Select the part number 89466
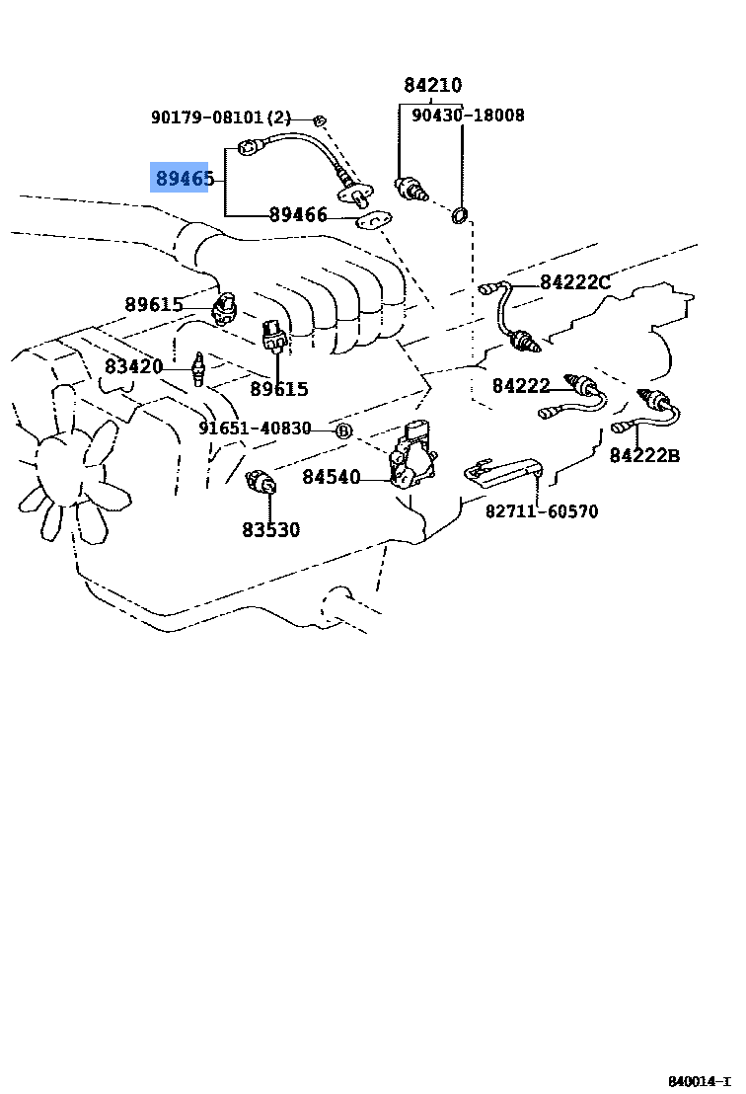pyautogui.click(x=298, y=214)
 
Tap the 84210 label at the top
pyautogui.click(x=432, y=85)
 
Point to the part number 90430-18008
pyautogui.click(x=468, y=116)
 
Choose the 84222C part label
pyautogui.click(x=574, y=282)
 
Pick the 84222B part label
pyautogui.click(x=643, y=455)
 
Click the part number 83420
pyautogui.click(x=133, y=366)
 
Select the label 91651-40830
pyautogui.click(x=255, y=429)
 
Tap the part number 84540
pyautogui.click(x=331, y=477)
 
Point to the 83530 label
pyautogui.click(x=270, y=529)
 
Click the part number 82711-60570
pyautogui.click(x=541, y=511)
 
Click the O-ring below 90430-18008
pyautogui.click(x=460, y=215)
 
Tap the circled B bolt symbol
pyautogui.click(x=342, y=430)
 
